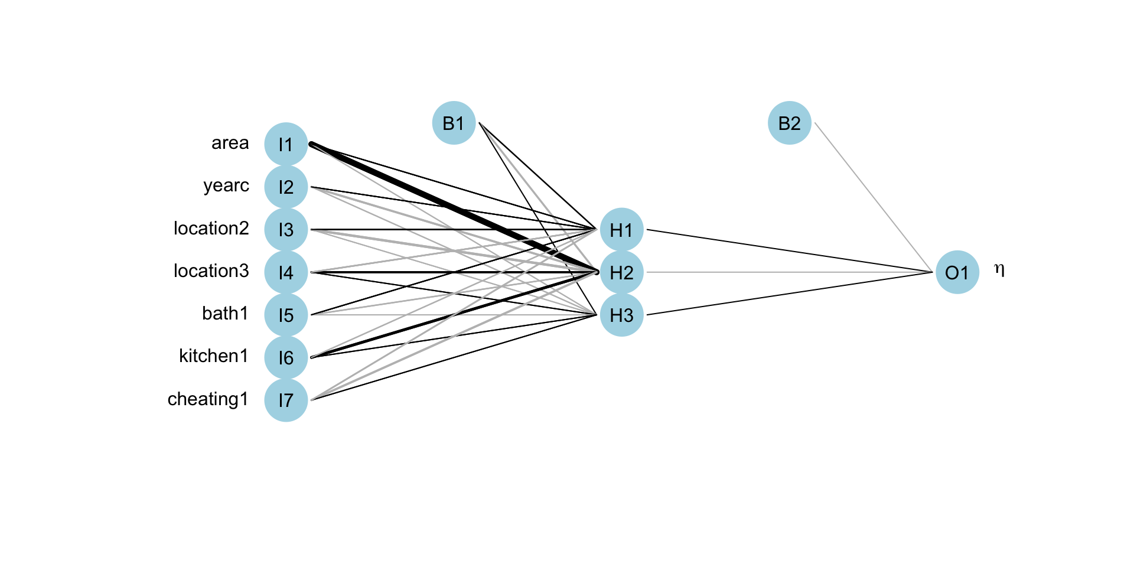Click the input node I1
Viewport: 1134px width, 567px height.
pos(286,144)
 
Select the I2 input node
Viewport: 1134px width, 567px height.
pos(286,187)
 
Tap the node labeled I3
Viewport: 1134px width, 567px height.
pos(286,229)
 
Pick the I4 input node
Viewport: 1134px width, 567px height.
pos(286,272)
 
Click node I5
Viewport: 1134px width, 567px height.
pos(286,315)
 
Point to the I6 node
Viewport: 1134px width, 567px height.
pos(286,357)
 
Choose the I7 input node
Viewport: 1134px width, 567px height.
pos(286,400)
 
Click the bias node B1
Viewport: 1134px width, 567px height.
pos(454,123)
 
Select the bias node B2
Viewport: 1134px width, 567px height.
pos(789,123)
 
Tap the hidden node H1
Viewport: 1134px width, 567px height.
pos(621,229)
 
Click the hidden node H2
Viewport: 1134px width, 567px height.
pos(621,272)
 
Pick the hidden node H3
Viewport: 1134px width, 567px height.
pos(621,315)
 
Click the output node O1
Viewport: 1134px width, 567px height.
pos(957,272)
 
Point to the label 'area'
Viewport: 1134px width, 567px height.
pos(230,143)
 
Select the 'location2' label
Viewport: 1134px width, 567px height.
pos(211,228)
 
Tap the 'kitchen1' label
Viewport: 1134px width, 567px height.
pos(213,356)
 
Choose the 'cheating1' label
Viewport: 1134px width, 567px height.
pos(207,399)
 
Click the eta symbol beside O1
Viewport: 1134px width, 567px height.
pos(999,270)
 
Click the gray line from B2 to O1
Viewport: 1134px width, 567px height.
pos(873,197)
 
